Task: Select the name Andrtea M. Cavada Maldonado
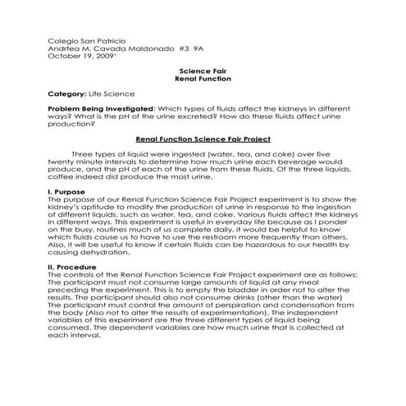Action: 102,48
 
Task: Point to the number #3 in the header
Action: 177,48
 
